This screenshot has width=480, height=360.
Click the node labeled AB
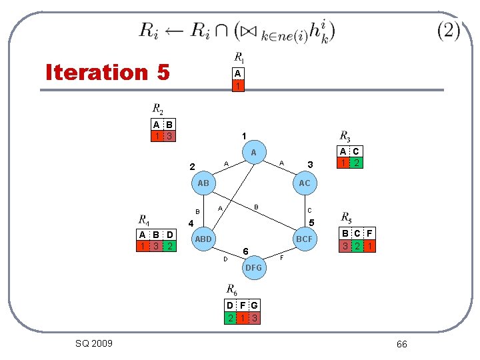(x=203, y=183)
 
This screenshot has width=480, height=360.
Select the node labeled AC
(x=304, y=183)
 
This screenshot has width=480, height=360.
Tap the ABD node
(x=203, y=239)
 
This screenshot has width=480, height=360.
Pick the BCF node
(x=305, y=239)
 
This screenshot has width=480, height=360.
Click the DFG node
(x=253, y=267)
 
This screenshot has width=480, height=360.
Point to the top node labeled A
(x=253, y=153)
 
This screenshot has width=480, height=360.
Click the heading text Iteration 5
(x=107, y=71)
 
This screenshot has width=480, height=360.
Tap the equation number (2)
(x=449, y=31)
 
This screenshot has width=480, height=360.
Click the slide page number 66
(x=401, y=344)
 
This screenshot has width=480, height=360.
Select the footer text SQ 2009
(x=94, y=343)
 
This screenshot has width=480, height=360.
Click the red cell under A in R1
(x=237, y=85)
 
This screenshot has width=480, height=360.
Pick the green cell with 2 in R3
(x=357, y=163)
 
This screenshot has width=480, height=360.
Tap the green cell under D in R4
(x=170, y=246)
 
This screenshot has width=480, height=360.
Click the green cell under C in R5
(x=357, y=245)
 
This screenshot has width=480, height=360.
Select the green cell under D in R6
(x=230, y=317)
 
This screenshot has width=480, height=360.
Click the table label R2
(x=157, y=109)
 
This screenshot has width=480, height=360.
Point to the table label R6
(x=231, y=289)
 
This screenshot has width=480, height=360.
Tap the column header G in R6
(x=254, y=305)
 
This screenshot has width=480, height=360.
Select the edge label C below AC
(x=309, y=211)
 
